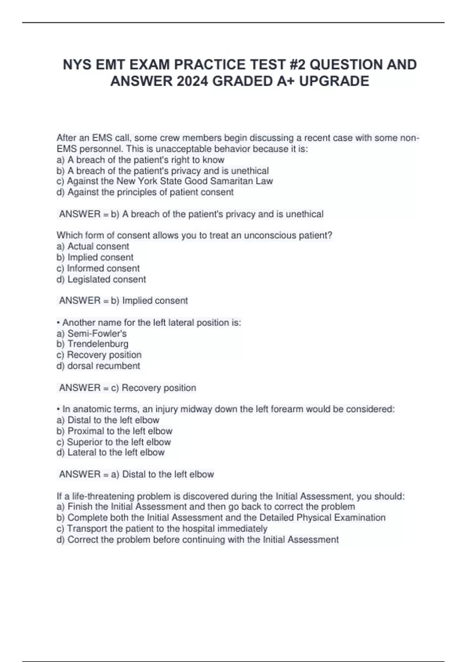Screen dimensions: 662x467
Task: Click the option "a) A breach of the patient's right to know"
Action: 140,160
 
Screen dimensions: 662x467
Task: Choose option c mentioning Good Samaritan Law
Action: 165,181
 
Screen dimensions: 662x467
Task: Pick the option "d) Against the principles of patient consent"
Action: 145,192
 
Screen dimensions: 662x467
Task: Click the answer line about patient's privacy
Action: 191,214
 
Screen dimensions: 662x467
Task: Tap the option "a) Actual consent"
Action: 93,246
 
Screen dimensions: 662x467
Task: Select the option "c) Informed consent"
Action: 98,268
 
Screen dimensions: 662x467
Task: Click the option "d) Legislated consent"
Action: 101,279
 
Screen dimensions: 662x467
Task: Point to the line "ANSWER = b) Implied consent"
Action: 123,301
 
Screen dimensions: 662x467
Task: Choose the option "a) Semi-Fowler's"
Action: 91,333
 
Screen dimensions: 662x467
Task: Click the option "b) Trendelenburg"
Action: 92,344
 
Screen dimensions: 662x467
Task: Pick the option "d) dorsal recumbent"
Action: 98,366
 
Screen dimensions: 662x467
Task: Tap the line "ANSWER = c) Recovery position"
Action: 128,388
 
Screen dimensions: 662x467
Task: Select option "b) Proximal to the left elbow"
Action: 114,431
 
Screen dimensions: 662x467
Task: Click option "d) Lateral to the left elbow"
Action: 111,452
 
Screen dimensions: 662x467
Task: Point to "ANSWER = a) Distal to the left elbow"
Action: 137,474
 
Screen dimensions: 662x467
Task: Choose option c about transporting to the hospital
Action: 162,528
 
